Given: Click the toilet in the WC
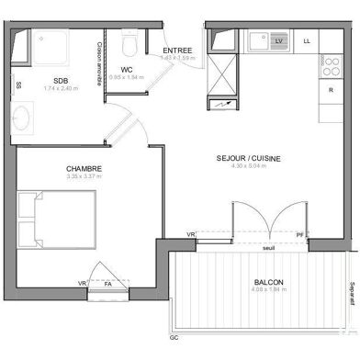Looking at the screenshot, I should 129,43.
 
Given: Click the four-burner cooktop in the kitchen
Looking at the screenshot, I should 330,66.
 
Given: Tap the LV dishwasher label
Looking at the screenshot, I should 279,41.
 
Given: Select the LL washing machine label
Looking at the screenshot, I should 307,41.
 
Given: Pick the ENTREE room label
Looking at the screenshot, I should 177,50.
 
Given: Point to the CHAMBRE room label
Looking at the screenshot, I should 84,168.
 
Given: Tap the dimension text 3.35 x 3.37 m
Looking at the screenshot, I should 84,177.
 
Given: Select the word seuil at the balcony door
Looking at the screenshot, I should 268,248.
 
